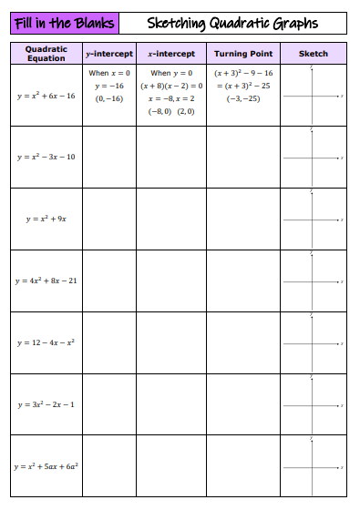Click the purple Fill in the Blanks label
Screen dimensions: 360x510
tap(64, 23)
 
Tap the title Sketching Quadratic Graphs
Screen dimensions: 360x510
tap(232, 23)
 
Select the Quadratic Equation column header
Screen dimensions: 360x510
tap(46, 54)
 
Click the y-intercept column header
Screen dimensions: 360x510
tap(108, 54)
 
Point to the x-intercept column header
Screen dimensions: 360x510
tap(171, 54)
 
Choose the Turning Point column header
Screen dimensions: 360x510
tap(243, 54)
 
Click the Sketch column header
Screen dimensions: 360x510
tap(313, 54)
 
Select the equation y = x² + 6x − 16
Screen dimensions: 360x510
tap(46, 96)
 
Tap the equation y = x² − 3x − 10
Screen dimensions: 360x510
tap(46, 157)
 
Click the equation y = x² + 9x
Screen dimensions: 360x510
tap(46, 219)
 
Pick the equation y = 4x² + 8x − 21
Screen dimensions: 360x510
tap(46, 280)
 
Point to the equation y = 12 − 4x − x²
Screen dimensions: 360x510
tap(46, 342)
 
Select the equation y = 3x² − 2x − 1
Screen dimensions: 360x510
tap(46, 404)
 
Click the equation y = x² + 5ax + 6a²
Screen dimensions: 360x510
tap(46, 466)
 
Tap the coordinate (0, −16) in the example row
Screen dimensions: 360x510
tap(109, 97)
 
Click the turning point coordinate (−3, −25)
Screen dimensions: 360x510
tap(242, 97)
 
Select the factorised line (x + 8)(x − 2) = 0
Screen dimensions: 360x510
tap(171, 85)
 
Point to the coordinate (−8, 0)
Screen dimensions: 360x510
tap(159, 110)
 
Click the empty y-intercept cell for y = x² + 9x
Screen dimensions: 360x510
tap(109, 219)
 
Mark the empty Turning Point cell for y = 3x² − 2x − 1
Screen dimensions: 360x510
tap(243, 404)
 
